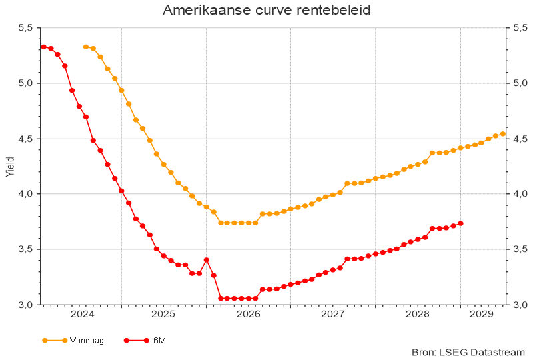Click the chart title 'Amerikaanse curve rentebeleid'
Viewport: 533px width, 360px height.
(x=266, y=11)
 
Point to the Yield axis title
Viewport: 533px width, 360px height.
(x=9, y=166)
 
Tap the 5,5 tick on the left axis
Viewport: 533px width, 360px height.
(x=25, y=28)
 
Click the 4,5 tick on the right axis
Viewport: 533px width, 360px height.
(x=520, y=139)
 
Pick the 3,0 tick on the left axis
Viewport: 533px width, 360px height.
(x=25, y=305)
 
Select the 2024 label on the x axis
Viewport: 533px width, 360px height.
(x=82, y=313)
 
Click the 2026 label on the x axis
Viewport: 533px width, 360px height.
(x=249, y=313)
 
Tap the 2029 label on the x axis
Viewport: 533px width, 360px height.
(x=481, y=313)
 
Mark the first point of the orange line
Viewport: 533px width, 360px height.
(x=85, y=47)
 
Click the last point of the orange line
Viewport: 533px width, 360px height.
(x=503, y=134)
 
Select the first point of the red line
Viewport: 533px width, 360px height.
(x=43, y=47)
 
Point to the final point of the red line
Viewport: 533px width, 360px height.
(x=460, y=223)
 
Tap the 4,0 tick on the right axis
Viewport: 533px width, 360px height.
(x=520, y=194)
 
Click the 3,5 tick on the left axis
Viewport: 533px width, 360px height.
(x=25, y=249)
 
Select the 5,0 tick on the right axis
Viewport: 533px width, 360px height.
(x=520, y=83)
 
